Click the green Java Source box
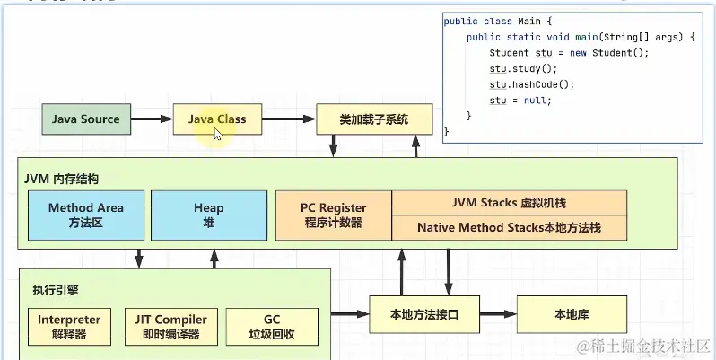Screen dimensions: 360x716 click(x=86, y=119)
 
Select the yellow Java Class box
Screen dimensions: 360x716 click(x=217, y=119)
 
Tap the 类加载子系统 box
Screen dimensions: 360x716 click(x=374, y=119)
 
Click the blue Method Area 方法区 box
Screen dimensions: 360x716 click(x=85, y=215)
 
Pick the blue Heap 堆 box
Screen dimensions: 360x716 click(x=209, y=215)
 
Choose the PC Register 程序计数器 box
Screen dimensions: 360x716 click(x=333, y=215)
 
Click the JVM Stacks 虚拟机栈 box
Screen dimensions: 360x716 click(x=509, y=203)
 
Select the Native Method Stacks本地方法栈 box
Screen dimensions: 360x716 click(x=509, y=228)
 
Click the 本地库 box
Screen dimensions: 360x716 click(x=571, y=315)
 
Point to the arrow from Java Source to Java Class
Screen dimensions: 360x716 click(x=152, y=119)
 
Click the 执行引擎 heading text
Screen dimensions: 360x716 click(x=50, y=290)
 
